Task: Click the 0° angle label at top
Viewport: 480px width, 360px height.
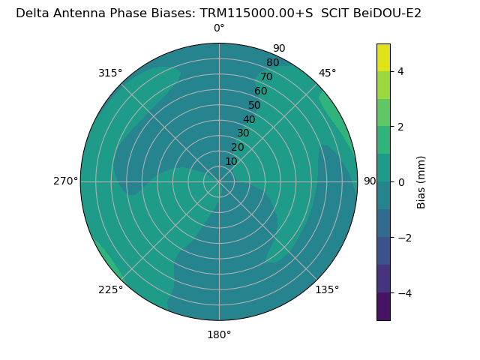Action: point(219,28)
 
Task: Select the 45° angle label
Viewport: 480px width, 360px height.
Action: point(327,73)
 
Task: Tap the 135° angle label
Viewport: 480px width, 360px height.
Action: point(327,289)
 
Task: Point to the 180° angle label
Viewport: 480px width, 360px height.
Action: point(219,334)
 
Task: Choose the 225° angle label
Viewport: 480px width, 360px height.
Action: point(110,289)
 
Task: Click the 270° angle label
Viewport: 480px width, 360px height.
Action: point(65,181)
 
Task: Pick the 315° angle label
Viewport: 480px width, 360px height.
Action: point(110,73)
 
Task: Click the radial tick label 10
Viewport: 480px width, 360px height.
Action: point(231,161)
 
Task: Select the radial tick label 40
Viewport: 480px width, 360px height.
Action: point(249,119)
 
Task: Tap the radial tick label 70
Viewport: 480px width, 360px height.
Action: point(266,76)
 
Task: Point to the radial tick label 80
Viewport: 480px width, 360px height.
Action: point(272,62)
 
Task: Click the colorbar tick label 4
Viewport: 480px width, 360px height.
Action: point(401,71)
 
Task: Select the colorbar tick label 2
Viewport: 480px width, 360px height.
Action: point(401,127)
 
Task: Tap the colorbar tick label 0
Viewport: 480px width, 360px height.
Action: point(401,182)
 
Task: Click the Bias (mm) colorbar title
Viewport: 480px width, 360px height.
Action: point(421,182)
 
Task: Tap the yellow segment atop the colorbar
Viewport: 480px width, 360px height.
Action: point(383,57)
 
